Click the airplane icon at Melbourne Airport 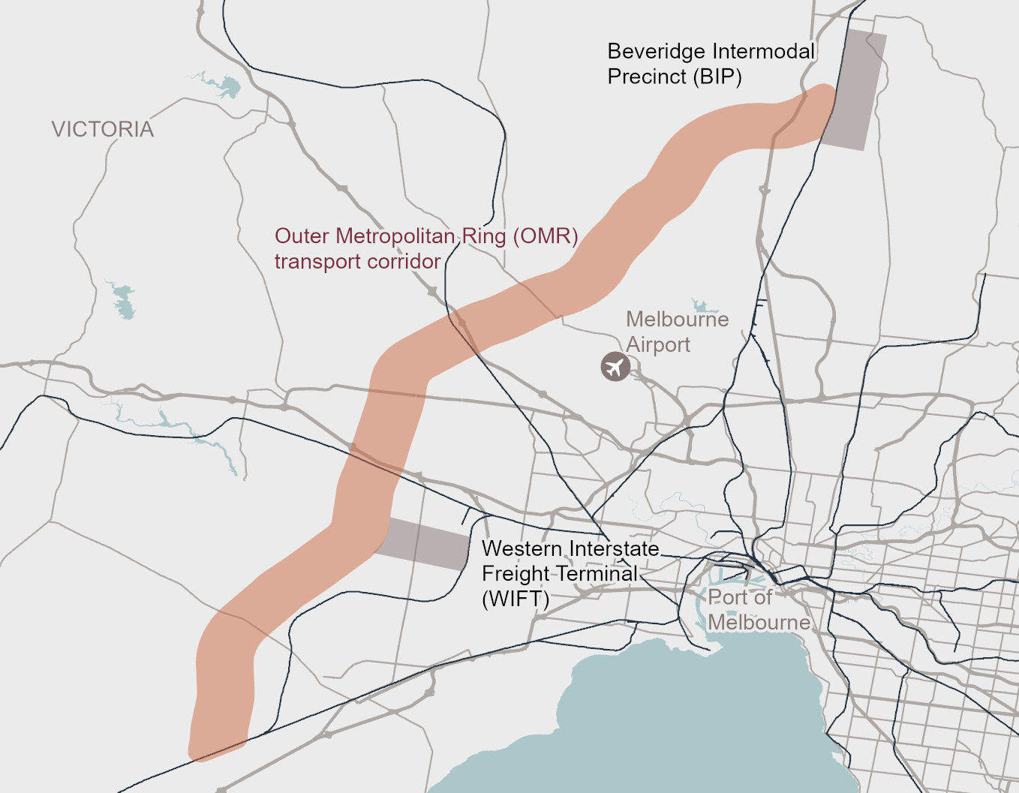pyautogui.click(x=615, y=367)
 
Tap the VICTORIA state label pyautogui.click(x=103, y=130)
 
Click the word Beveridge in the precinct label pyautogui.click(x=656, y=52)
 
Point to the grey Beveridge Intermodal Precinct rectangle pyautogui.click(x=855, y=90)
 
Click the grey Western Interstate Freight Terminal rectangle pyautogui.click(x=424, y=544)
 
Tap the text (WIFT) pyautogui.click(x=516, y=599)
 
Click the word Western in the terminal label pyautogui.click(x=522, y=548)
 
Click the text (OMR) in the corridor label pyautogui.click(x=546, y=236)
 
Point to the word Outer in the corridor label pyautogui.click(x=302, y=236)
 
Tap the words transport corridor pyautogui.click(x=357, y=262)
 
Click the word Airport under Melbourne pyautogui.click(x=658, y=345)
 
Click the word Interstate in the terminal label pyautogui.click(x=613, y=548)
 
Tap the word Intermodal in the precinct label pyautogui.click(x=763, y=52)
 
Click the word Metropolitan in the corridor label pyautogui.click(x=395, y=236)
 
